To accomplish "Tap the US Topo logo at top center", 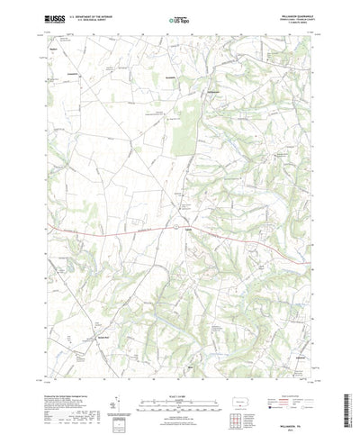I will [x=179, y=18].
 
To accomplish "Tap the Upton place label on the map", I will [x=186, y=229].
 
